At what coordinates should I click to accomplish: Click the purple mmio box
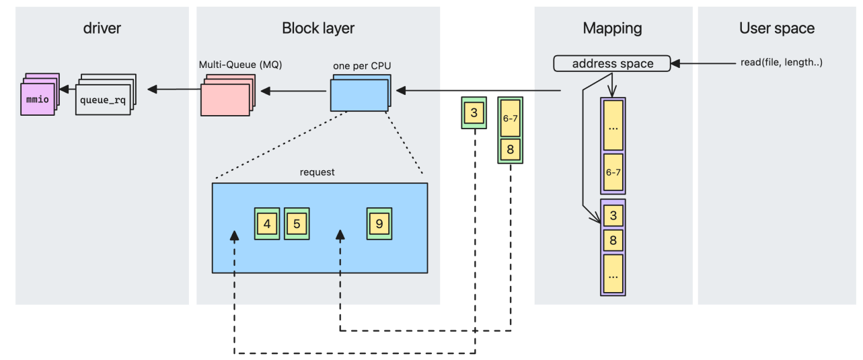tap(38, 99)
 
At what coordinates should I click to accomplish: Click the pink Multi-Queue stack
tap(226, 98)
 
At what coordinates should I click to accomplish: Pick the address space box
tap(612, 64)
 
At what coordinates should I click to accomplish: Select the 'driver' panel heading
tap(102, 28)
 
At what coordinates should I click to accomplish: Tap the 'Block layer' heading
tap(318, 28)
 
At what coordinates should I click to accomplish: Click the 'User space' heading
tap(776, 28)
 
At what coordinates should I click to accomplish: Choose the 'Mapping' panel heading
tap(612, 28)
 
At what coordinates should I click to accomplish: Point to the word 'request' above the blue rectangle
tap(317, 172)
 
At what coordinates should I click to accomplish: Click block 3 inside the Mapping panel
tap(613, 217)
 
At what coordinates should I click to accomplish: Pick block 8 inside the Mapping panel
tap(613, 240)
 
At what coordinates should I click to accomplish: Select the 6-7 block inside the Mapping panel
tap(613, 172)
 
